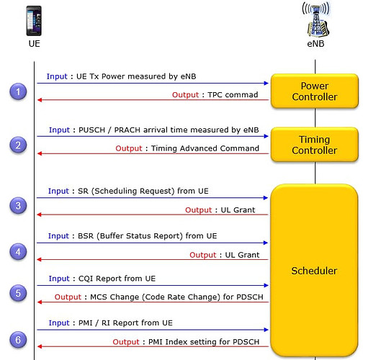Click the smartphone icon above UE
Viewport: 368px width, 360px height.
(34, 21)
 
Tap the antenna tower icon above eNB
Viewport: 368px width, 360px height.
(316, 19)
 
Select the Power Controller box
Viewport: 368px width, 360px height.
(315, 91)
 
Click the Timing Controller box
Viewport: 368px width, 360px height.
(315, 145)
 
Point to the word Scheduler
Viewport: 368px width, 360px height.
(314, 271)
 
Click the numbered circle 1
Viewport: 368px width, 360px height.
(18, 91)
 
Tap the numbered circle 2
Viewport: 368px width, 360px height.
(18, 145)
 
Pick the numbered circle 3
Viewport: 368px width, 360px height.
(18, 205)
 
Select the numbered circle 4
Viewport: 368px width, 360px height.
(18, 252)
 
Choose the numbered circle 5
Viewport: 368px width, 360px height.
(18, 293)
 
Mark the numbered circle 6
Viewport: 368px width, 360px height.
(18, 340)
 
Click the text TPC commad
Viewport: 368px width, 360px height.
(233, 95)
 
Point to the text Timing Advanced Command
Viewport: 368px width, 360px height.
(205, 148)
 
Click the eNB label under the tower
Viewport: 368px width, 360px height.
(315, 44)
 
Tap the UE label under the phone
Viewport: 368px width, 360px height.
(34, 44)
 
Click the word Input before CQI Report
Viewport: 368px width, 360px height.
(59, 279)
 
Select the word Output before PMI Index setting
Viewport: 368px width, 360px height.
(126, 342)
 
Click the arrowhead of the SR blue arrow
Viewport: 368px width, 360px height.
(266, 198)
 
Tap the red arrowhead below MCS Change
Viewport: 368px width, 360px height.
(40, 302)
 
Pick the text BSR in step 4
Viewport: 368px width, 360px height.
(86, 236)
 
